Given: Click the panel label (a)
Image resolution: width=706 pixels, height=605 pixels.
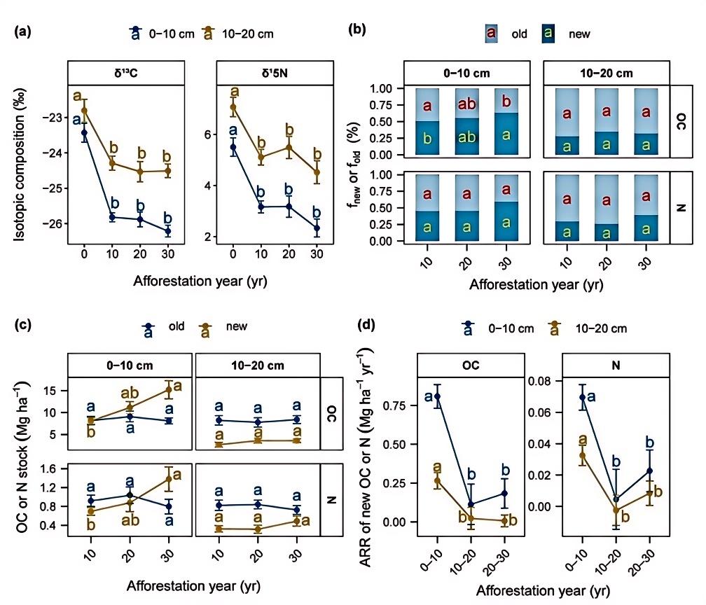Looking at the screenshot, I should point(22,32).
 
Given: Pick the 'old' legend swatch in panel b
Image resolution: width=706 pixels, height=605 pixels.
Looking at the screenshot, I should point(492,33).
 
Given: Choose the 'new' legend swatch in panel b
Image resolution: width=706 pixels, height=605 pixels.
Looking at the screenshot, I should point(551,33).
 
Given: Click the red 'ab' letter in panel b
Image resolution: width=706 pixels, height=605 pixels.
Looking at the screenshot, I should point(466,105).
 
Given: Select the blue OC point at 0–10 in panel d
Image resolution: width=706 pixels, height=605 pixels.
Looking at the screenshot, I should point(438,397).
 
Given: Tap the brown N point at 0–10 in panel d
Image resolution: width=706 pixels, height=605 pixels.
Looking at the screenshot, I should point(581,456).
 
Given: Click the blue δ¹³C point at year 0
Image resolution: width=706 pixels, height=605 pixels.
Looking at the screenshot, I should point(85,133).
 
